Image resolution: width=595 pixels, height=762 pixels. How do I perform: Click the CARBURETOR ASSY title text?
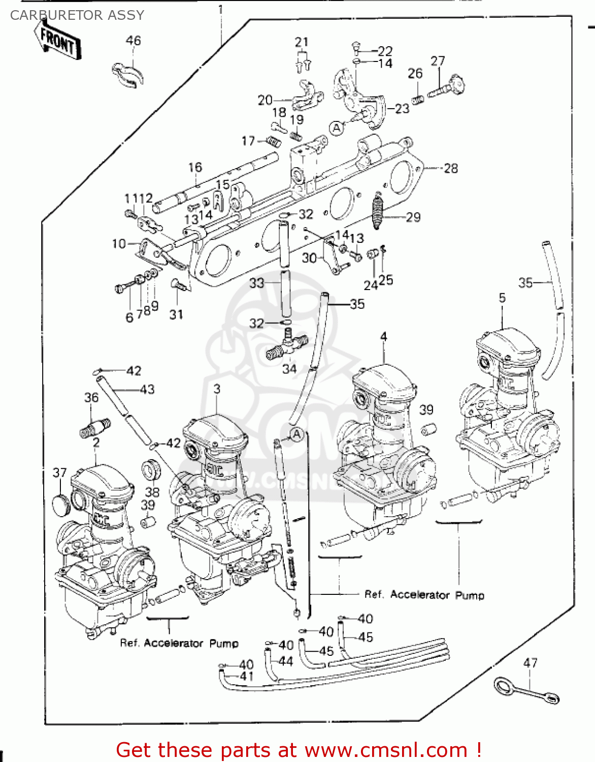[77, 15]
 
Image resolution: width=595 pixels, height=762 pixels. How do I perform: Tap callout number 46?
[133, 41]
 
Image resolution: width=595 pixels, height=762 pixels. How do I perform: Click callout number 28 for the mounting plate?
[450, 168]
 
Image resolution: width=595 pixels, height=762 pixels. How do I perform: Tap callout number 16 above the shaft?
[195, 167]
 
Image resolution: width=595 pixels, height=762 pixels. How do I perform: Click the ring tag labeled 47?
[527, 691]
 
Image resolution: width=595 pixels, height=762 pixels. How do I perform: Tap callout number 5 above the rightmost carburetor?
[502, 298]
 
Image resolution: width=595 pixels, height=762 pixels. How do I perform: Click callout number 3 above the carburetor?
[217, 389]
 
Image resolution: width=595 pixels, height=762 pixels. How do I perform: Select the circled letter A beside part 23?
[337, 129]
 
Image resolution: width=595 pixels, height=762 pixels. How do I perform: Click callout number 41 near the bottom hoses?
[247, 676]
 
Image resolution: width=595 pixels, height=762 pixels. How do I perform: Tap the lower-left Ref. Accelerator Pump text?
[179, 643]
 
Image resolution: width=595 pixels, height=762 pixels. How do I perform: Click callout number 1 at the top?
[220, 9]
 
